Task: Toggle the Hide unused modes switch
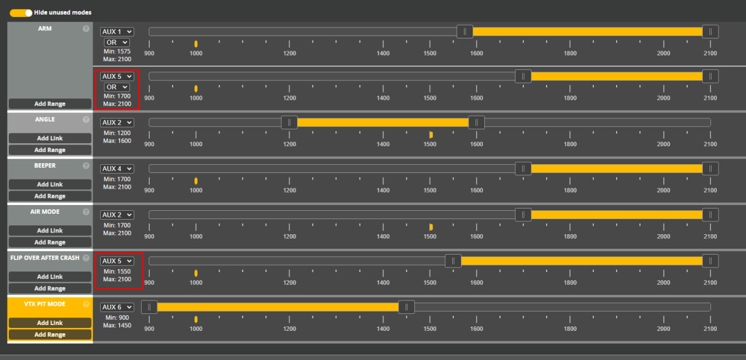[x=21, y=13]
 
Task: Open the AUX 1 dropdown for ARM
[x=117, y=31]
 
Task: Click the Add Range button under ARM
[x=50, y=104]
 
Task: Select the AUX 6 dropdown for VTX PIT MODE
[x=117, y=307]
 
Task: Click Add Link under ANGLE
[x=50, y=138]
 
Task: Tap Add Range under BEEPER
[x=50, y=196]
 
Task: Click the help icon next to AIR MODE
[x=86, y=212]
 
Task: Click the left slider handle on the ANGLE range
[x=289, y=122]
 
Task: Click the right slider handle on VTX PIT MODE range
[x=406, y=307]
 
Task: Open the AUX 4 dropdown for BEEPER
[x=117, y=168]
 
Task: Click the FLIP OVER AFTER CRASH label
[x=45, y=258]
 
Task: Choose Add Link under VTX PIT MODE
[x=50, y=323]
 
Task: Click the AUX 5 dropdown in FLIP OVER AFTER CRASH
[x=117, y=261]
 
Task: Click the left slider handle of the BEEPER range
[x=523, y=168]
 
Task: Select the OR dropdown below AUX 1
[x=117, y=43]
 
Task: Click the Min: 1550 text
[x=117, y=271]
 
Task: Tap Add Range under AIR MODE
[x=50, y=242]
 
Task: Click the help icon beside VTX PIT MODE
[x=86, y=304]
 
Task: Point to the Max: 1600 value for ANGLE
[x=117, y=140]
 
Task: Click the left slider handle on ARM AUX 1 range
[x=465, y=31]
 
